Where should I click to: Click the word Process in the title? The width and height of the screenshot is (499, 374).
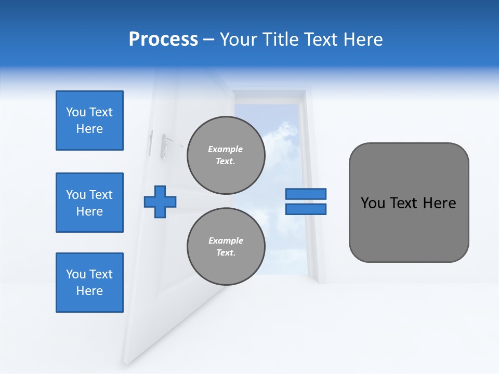pos(163,39)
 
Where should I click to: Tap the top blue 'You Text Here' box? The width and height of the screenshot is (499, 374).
pos(89,121)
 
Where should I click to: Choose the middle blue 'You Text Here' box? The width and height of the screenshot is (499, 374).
pos(89,203)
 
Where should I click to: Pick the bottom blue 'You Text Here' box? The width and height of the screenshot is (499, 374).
pos(89,283)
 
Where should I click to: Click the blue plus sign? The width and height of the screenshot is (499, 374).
pos(160,202)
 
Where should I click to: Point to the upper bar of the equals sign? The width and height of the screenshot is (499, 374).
pos(306,194)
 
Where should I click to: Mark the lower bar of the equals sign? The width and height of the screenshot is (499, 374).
pos(306,209)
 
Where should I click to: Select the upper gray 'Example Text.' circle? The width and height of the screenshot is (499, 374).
pos(226,155)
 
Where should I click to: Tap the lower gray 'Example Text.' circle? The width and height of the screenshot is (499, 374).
pos(226,246)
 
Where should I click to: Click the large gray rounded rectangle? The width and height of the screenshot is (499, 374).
pos(409,229)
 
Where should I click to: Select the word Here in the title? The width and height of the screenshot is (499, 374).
pos(362,39)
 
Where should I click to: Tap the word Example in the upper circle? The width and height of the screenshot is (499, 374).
pos(226,149)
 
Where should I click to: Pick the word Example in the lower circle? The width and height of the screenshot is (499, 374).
pos(226,241)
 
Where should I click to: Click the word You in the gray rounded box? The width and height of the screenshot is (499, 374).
pos(373,203)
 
